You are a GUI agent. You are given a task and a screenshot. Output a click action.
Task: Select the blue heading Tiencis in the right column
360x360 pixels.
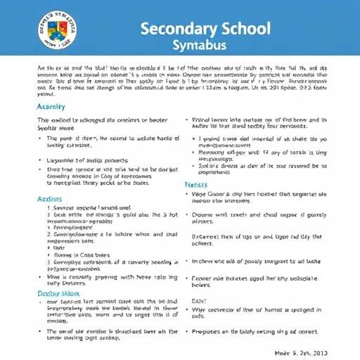click(195, 185)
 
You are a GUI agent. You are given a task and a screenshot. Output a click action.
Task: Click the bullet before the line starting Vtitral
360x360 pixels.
click(186, 120)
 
